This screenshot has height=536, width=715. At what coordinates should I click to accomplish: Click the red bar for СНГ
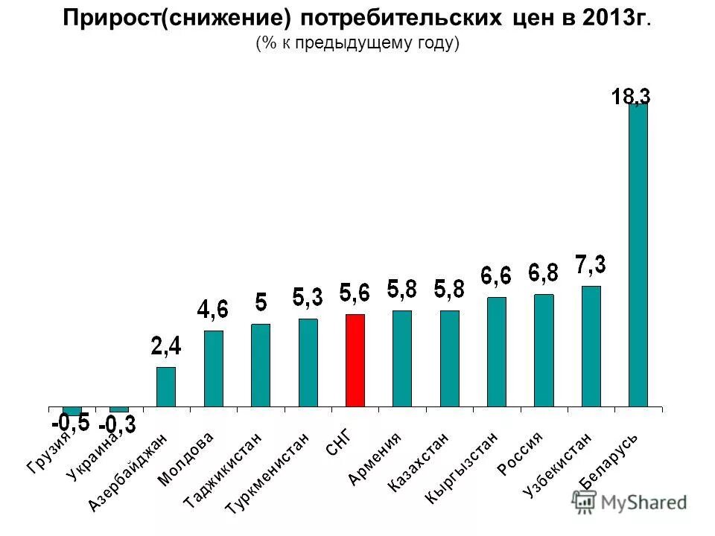pos(355,360)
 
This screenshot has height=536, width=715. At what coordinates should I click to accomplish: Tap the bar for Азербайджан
pos(165,386)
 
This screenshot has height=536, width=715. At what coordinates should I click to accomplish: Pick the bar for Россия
pos(544,351)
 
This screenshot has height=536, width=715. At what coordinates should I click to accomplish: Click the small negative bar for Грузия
pos(71,411)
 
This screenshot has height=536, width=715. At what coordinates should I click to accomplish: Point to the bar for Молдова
pos(213,368)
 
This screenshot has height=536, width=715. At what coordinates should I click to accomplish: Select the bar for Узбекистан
pos(591,346)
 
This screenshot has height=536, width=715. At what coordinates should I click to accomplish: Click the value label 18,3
pos(631,96)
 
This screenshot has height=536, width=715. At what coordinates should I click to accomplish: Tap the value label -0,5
pos(71,423)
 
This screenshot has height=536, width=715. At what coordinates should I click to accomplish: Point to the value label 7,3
pos(590,264)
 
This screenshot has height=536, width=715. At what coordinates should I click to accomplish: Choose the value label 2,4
pos(165,345)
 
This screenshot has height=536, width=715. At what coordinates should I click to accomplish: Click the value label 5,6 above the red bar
pos(355,293)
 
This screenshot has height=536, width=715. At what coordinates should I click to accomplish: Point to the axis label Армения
pos(375,459)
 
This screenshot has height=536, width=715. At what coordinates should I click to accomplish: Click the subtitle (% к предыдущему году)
pos(357,43)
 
